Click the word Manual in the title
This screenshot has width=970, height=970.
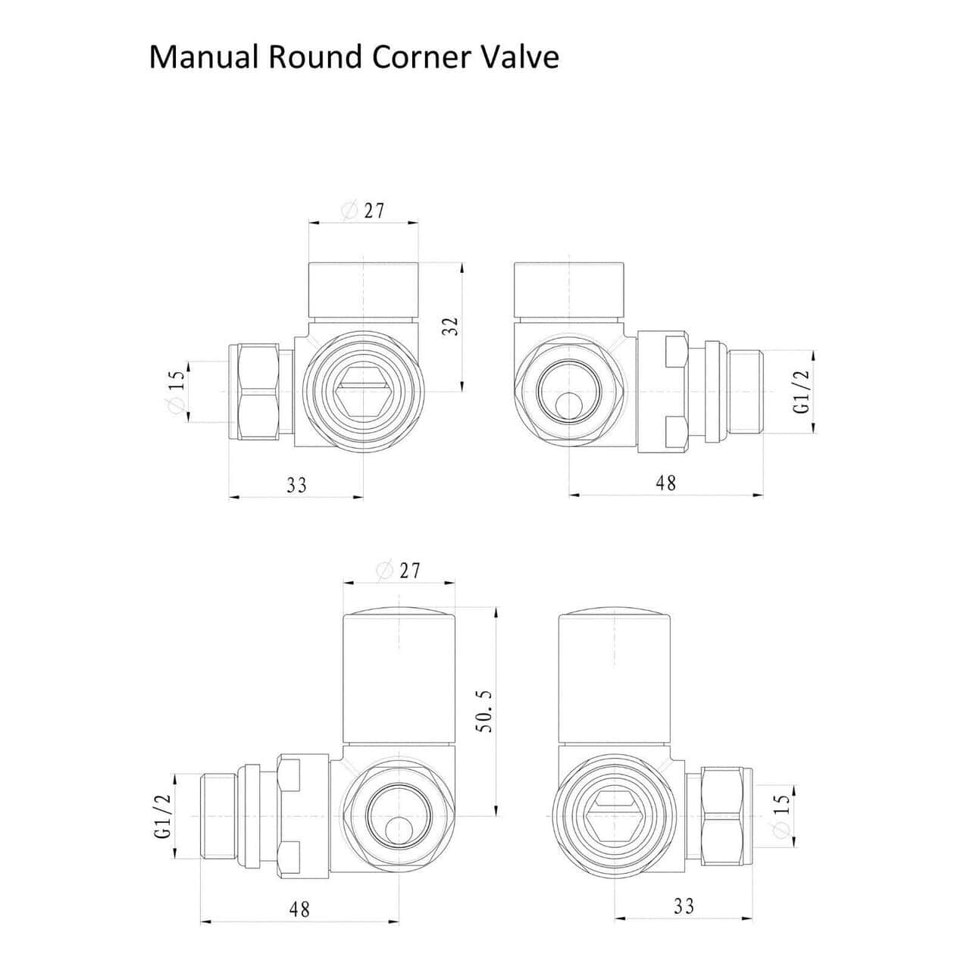tap(204, 57)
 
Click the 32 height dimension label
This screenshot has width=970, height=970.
tap(451, 327)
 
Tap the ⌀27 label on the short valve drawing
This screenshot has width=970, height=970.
tap(363, 211)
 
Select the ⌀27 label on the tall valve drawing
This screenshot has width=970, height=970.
tap(398, 571)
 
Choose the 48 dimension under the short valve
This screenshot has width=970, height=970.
tap(666, 483)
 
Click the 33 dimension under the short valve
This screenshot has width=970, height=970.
tap(296, 485)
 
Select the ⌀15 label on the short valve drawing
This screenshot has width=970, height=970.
tap(177, 391)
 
